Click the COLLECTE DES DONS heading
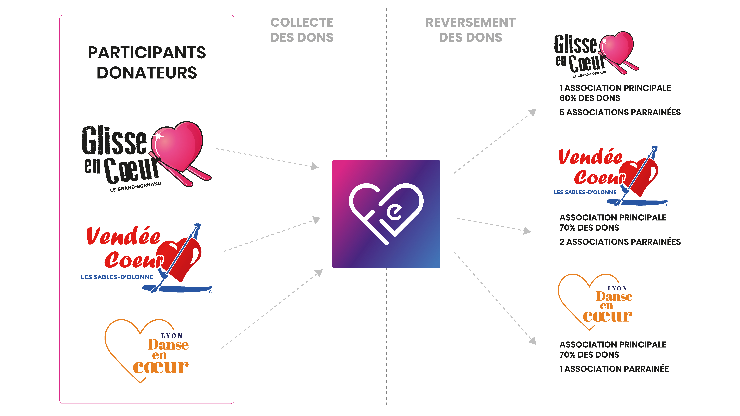click(x=302, y=30)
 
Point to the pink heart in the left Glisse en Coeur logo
click(x=178, y=145)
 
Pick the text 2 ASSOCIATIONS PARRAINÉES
click(x=620, y=242)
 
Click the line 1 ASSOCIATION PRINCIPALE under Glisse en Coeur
click(x=615, y=88)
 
